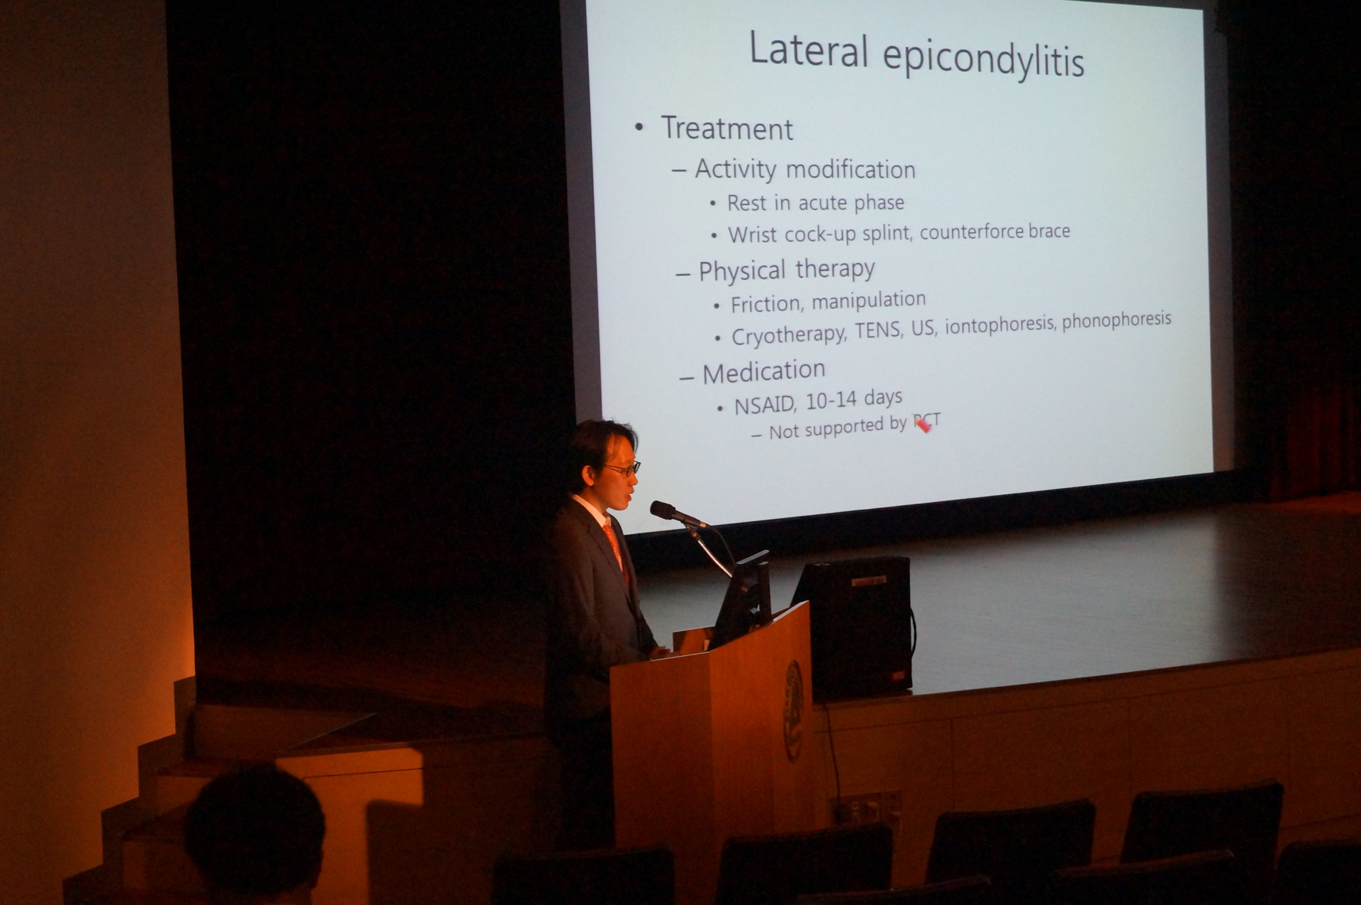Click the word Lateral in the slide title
click(809, 49)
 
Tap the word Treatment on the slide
click(727, 128)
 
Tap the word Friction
click(767, 304)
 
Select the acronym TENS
click(878, 329)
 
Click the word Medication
click(764, 372)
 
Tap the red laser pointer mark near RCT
click(922, 425)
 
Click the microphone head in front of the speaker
click(665, 511)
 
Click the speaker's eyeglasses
click(622, 468)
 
